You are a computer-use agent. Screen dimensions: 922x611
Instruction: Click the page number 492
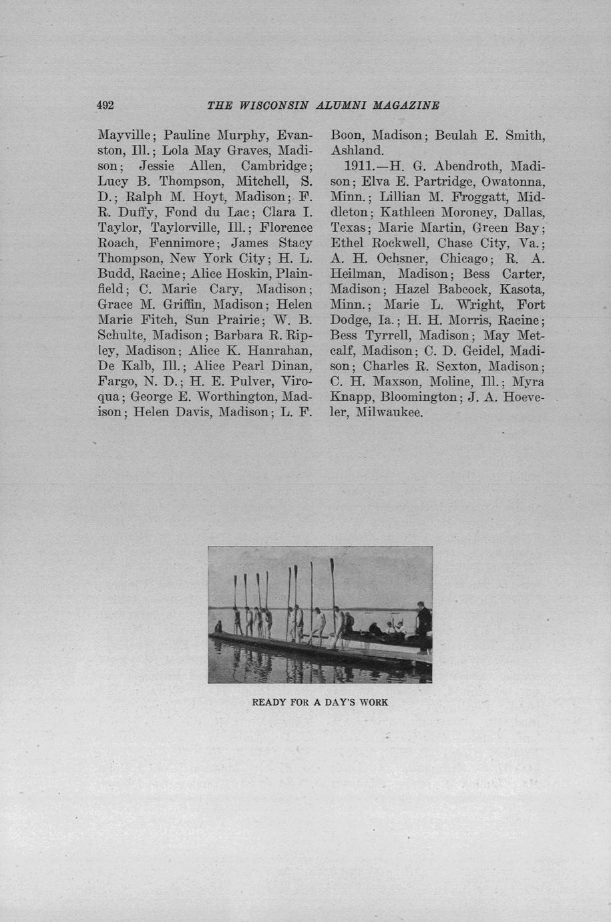point(106,105)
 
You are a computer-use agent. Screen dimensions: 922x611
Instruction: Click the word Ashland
point(357,150)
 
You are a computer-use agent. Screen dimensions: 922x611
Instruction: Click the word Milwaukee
point(389,413)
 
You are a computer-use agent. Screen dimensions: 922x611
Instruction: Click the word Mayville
point(126,135)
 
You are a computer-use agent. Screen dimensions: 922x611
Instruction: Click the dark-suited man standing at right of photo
point(423,625)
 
